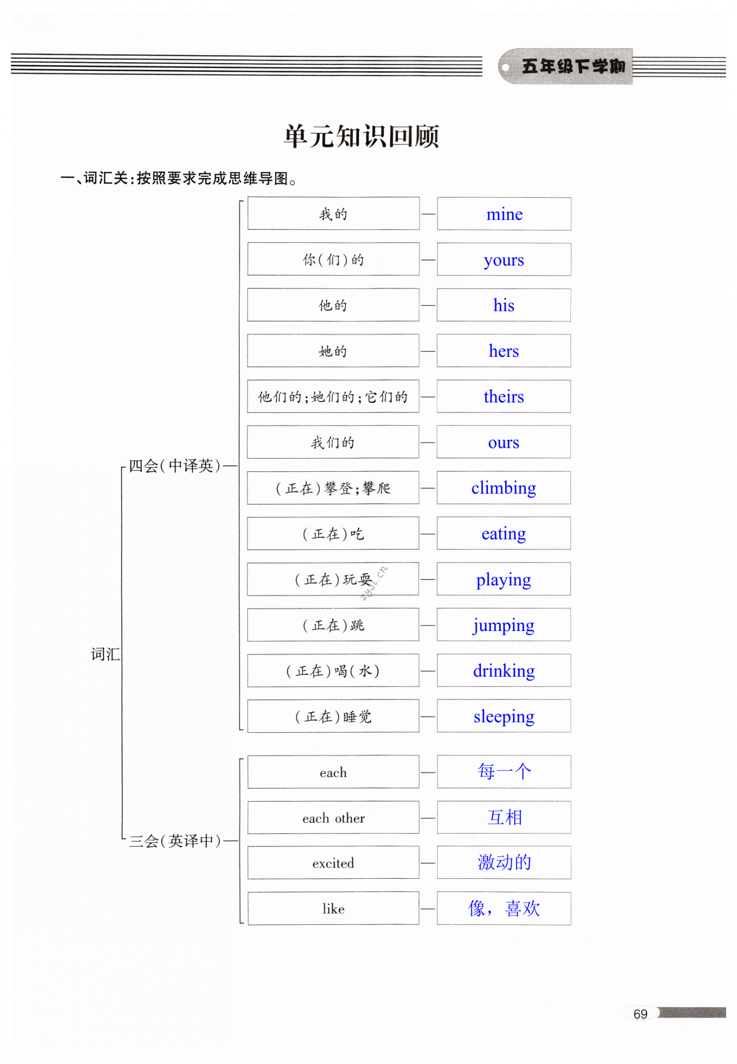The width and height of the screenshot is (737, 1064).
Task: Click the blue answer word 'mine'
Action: (x=504, y=214)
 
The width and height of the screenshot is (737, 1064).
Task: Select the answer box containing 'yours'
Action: (x=504, y=259)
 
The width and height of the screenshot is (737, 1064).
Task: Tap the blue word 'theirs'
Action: (x=504, y=397)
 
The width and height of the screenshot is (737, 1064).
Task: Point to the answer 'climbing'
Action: (x=504, y=488)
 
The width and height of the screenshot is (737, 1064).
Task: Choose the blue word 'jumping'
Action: (x=504, y=625)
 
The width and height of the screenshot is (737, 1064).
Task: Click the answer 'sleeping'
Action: (x=504, y=717)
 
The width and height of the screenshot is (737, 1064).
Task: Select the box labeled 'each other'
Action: (x=333, y=818)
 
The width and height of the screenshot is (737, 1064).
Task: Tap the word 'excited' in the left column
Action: (x=333, y=863)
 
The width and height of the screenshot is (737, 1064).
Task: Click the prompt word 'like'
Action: (x=333, y=909)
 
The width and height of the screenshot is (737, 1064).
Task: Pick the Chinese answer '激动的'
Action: (x=504, y=863)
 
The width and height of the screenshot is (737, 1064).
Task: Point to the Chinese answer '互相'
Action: (x=504, y=817)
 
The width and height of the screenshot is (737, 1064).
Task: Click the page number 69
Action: (x=640, y=1014)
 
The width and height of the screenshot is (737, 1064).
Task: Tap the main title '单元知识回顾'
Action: (x=361, y=136)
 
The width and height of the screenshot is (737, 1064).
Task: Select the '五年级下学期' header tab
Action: (x=572, y=66)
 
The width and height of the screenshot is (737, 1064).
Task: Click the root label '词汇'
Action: (x=105, y=654)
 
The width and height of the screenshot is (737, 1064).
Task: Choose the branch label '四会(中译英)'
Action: (x=174, y=465)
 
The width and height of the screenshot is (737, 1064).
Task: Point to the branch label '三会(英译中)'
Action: (x=174, y=841)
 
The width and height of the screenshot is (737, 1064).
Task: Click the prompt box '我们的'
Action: (x=333, y=442)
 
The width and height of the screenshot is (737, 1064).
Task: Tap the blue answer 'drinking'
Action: (x=504, y=671)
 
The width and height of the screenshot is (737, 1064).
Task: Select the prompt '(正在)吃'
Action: (x=333, y=534)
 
